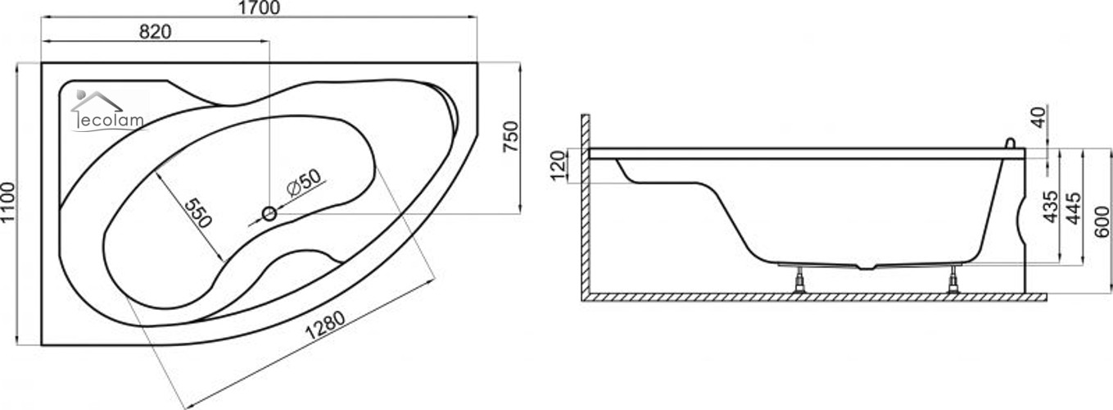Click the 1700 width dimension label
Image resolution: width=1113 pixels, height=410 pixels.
(259, 7)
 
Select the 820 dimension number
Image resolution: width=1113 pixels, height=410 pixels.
(155, 32)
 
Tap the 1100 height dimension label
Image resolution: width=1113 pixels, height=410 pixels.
(8, 203)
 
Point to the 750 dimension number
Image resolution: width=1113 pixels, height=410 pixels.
(510, 137)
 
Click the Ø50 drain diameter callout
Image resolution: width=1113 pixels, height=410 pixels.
(304, 182)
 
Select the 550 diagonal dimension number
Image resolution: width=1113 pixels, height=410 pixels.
(197, 213)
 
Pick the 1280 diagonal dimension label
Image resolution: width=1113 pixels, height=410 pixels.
(324, 325)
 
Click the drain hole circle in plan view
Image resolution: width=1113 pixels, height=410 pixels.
(269, 214)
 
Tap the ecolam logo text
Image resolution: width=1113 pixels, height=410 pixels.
(111, 121)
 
